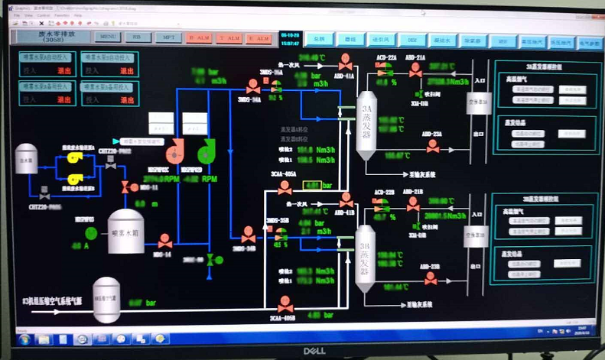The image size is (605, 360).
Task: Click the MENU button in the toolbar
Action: (108, 37)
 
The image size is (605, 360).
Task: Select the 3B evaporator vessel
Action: (365, 253)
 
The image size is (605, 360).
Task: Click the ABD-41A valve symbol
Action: (346, 59)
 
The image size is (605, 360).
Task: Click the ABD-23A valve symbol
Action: (433, 146)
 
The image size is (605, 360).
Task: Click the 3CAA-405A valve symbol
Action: (285, 186)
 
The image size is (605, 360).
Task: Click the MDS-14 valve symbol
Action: (164, 241)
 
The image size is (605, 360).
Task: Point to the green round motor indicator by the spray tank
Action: (91, 232)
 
